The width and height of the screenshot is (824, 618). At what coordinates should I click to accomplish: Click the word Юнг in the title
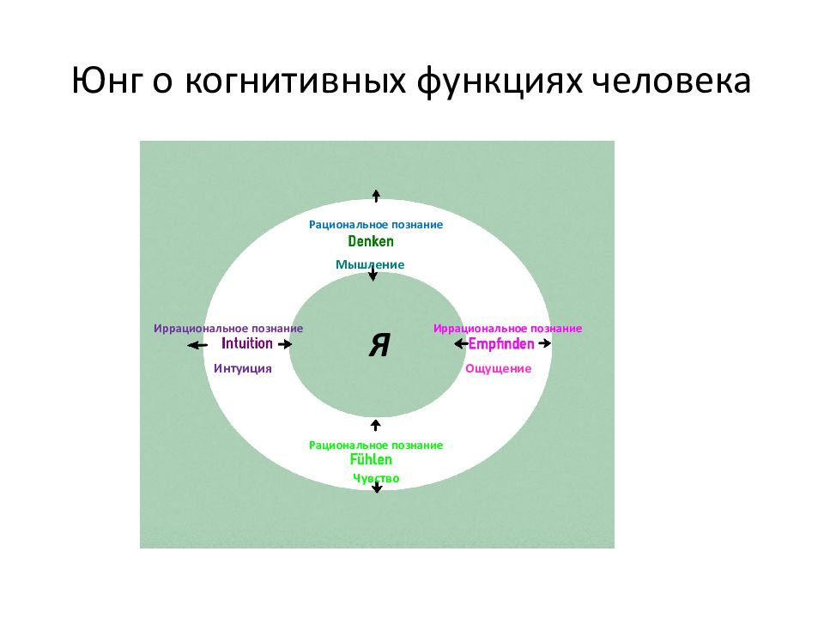click(x=107, y=82)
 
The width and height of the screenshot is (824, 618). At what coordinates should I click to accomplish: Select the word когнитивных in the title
click(x=295, y=82)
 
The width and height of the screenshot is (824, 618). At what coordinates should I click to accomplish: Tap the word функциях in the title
click(x=500, y=82)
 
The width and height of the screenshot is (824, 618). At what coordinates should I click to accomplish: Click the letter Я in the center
click(x=379, y=345)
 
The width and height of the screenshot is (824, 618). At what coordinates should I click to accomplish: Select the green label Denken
click(x=371, y=241)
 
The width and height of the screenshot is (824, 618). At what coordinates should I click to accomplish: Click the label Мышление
click(x=370, y=264)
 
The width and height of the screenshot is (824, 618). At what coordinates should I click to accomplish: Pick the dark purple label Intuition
click(x=247, y=343)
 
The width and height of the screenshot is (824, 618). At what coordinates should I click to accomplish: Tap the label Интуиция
click(x=243, y=368)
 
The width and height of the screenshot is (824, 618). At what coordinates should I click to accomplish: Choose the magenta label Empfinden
click(x=501, y=343)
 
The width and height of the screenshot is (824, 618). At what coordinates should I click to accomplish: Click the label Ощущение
click(x=498, y=368)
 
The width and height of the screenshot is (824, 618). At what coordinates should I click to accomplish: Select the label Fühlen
click(x=371, y=459)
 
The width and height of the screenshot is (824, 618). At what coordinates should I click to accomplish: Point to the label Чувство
click(x=376, y=478)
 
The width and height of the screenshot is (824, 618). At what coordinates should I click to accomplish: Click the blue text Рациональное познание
click(x=376, y=224)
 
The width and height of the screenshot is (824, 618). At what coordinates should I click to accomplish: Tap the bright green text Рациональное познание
click(x=376, y=445)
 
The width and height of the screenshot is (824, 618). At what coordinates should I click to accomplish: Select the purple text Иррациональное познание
click(x=228, y=329)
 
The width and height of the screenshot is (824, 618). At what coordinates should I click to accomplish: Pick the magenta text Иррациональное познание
click(x=507, y=329)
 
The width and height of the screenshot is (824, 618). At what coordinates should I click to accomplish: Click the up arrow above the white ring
click(x=376, y=196)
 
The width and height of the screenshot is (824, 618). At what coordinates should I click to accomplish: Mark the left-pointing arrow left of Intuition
click(x=197, y=345)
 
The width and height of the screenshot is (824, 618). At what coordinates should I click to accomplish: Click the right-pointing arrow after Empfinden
click(x=544, y=343)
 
